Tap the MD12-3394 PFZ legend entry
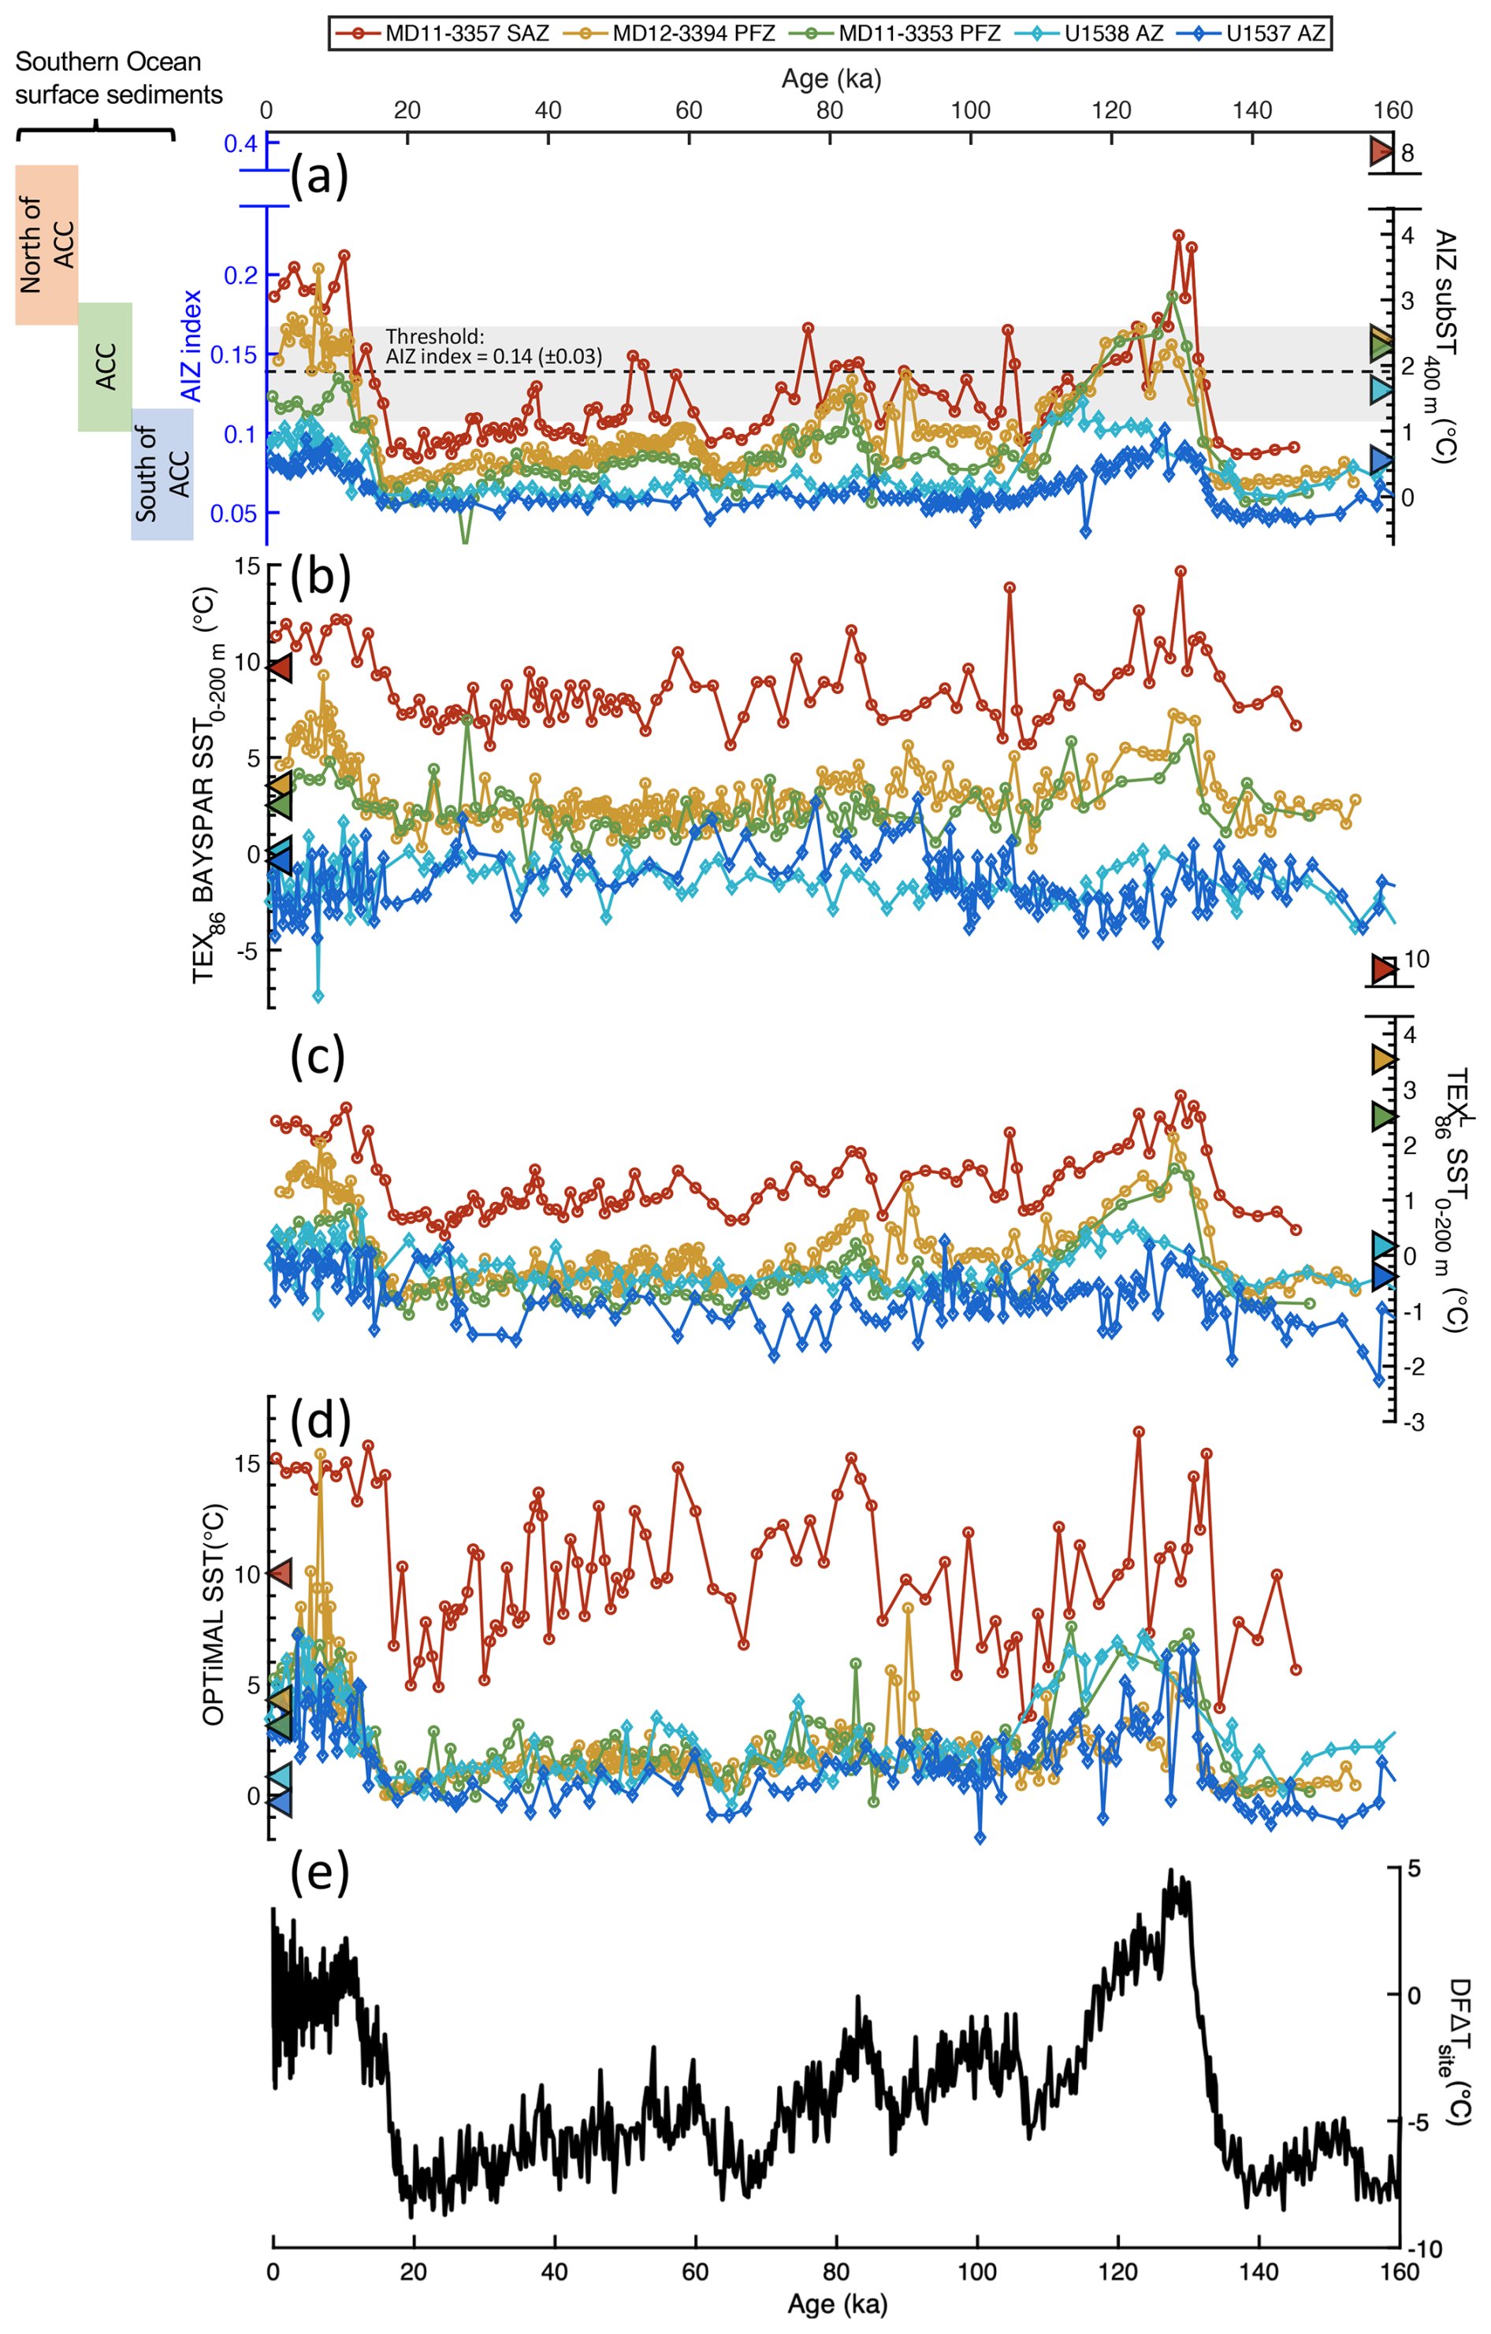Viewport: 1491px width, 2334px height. pos(669,33)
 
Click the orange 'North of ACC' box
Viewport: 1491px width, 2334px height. pos(46,244)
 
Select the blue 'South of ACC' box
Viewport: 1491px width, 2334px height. pos(162,474)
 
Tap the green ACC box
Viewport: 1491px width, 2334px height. pos(105,366)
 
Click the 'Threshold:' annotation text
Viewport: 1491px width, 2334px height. pos(434,336)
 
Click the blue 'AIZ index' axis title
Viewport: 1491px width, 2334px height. pos(192,345)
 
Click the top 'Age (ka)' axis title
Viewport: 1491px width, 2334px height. pos(831,79)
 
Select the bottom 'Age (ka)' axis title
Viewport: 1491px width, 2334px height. pos(837,2303)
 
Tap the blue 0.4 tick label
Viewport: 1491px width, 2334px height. pos(240,143)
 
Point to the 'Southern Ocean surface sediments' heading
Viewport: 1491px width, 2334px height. pos(117,77)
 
